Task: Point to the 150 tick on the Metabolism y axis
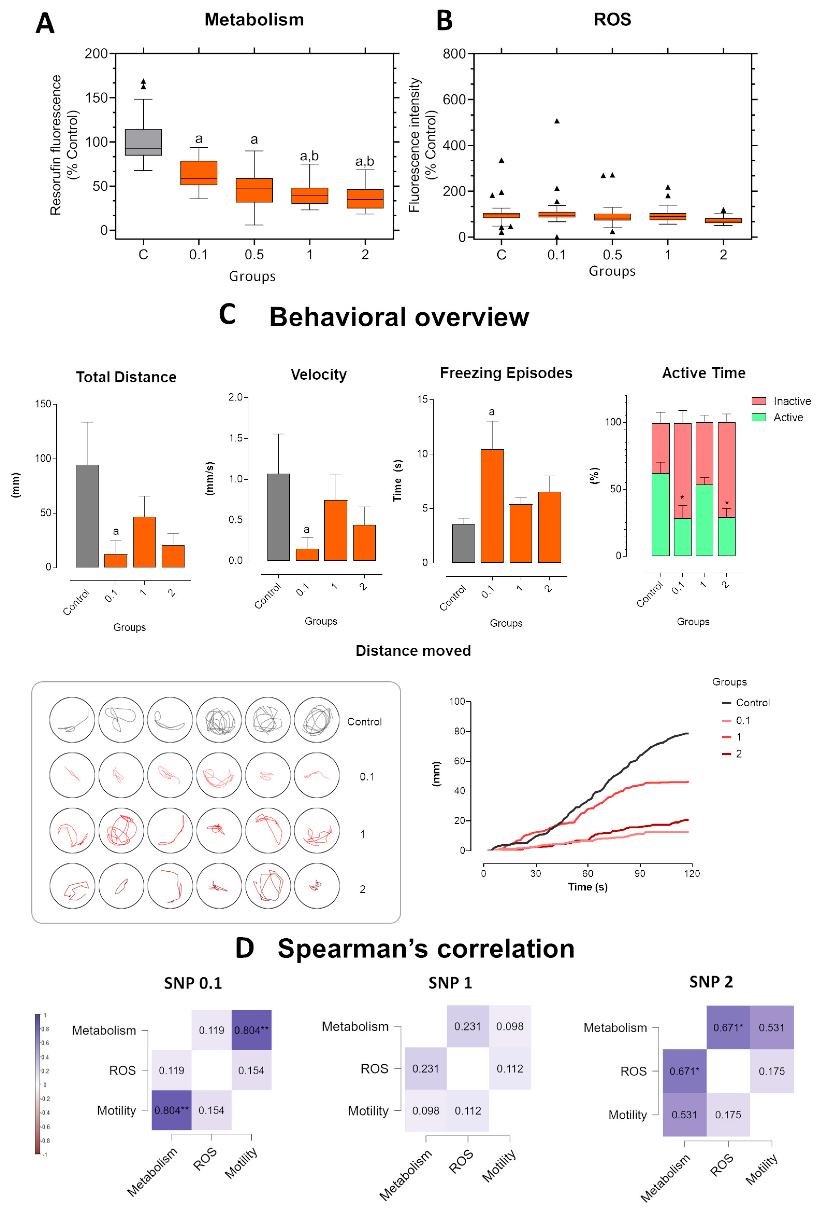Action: coord(97,98)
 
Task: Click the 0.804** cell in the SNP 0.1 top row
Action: coord(251,1030)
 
